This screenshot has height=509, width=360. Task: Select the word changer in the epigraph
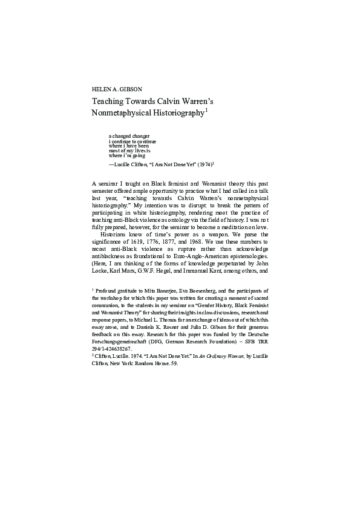pyautogui.click(x=140, y=136)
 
